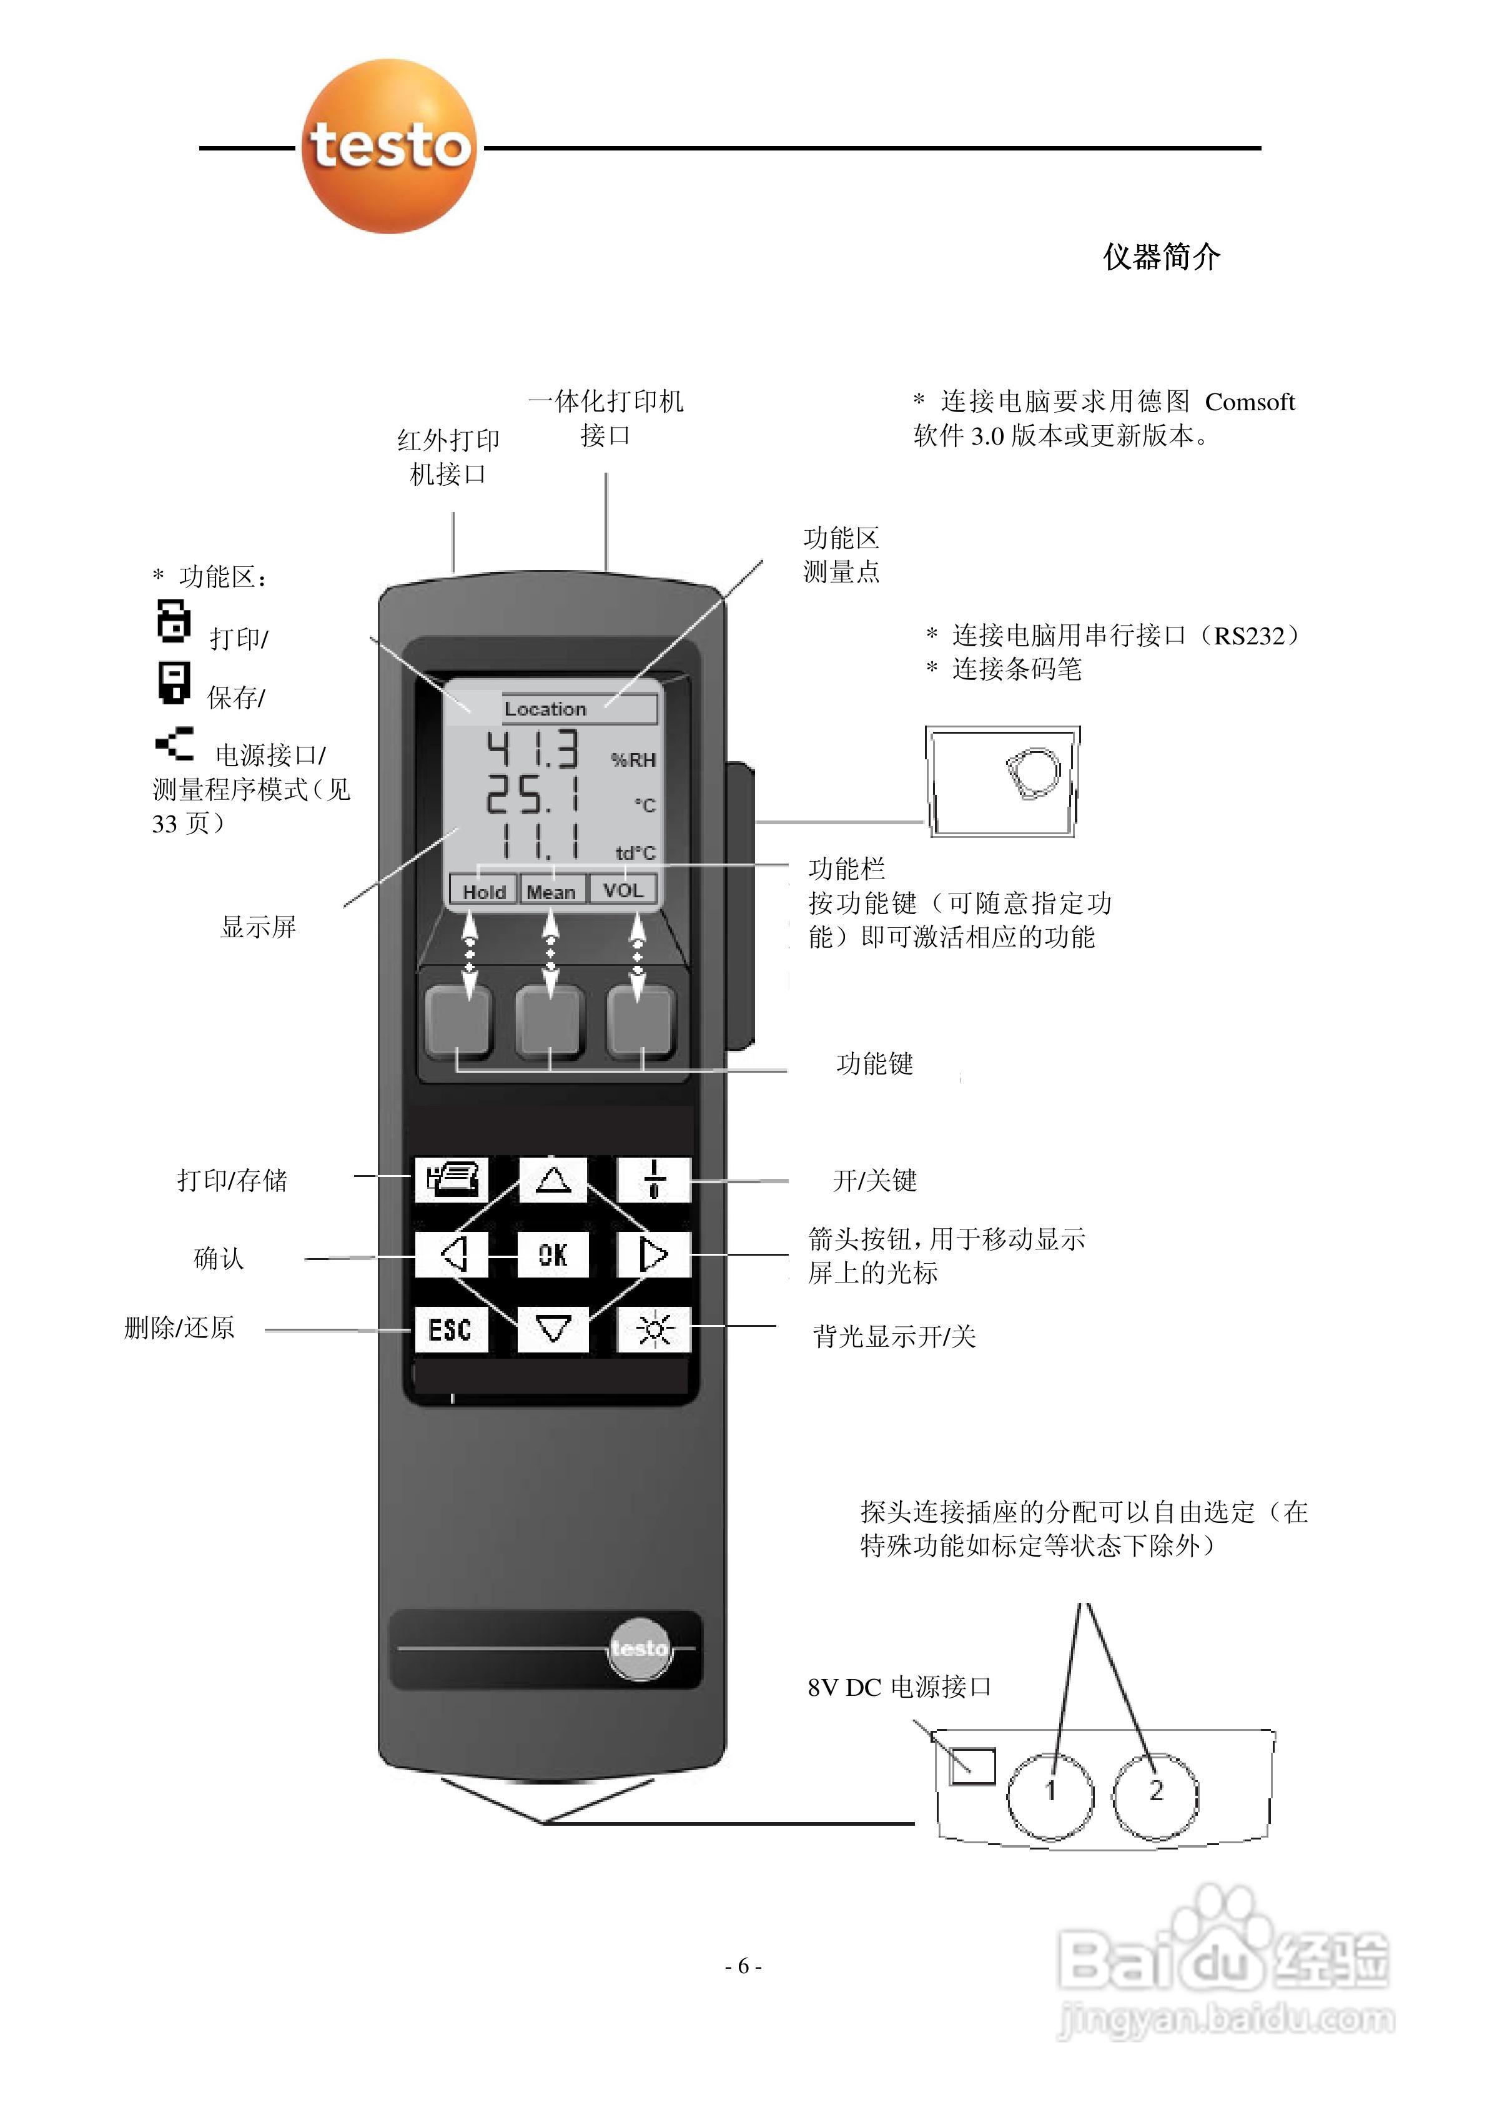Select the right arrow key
[x=653, y=1254]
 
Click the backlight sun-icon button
[x=653, y=1329]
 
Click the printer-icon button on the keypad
[x=452, y=1179]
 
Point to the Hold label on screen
[x=483, y=891]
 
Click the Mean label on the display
[x=551, y=891]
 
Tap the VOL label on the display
[x=623, y=889]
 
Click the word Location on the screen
[x=545, y=709]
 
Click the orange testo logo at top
[x=389, y=147]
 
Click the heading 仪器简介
[x=1161, y=257]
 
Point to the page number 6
[x=743, y=1966]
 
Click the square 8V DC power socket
[x=972, y=1765]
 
